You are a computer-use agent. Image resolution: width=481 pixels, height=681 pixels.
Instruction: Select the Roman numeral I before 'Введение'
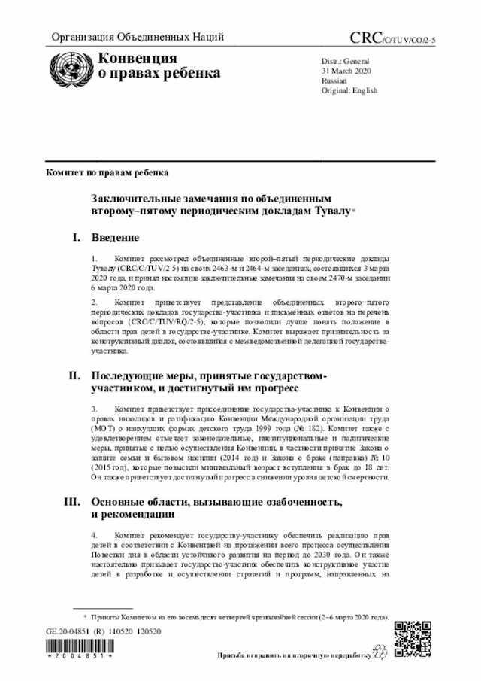pyautogui.click(x=76, y=239)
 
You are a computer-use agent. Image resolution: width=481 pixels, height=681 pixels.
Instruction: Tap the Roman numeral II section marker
pyautogui.click(x=74, y=374)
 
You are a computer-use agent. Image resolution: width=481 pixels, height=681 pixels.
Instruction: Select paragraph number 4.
pyautogui.click(x=94, y=534)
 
